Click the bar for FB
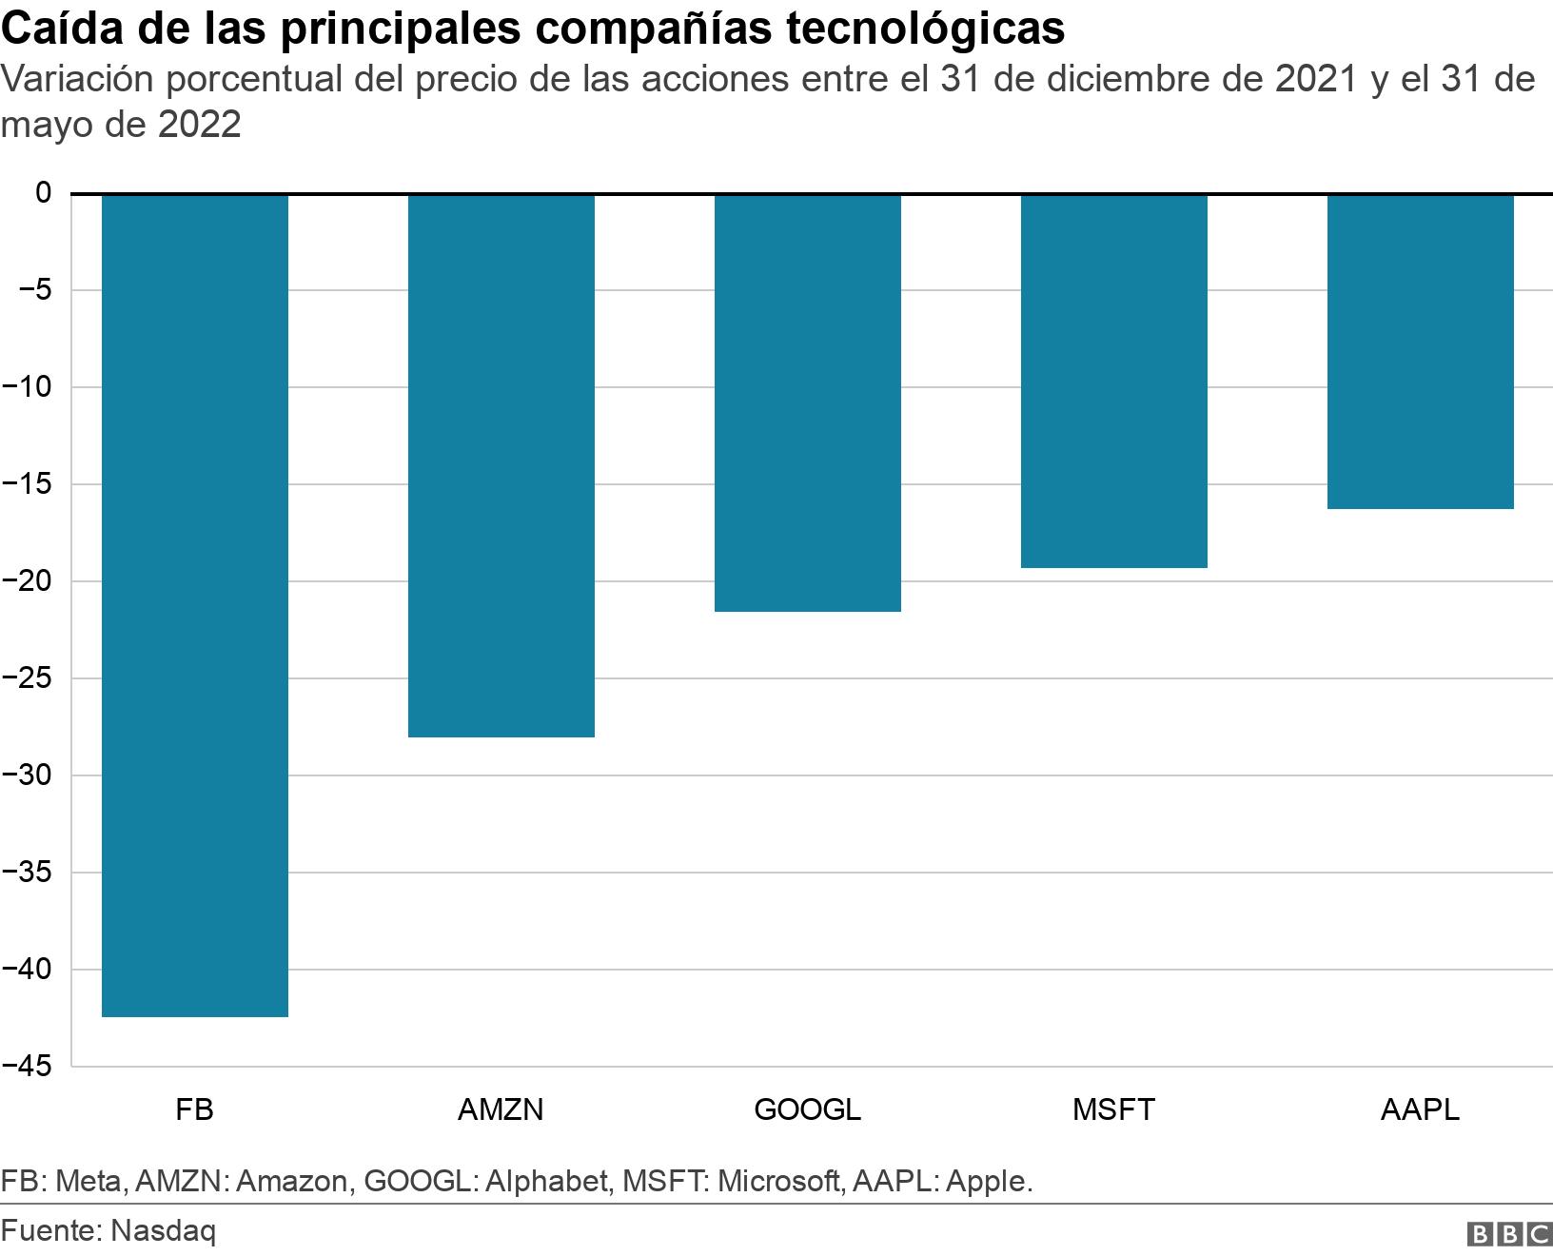(x=194, y=605)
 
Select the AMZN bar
(x=501, y=465)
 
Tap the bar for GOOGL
(x=807, y=402)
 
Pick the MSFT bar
(x=1113, y=381)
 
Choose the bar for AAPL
(x=1420, y=351)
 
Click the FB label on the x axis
(x=194, y=1109)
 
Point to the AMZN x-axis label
(x=501, y=1109)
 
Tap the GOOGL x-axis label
(x=807, y=1109)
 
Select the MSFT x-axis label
(x=1113, y=1109)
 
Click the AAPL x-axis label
(x=1420, y=1109)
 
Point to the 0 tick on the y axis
(x=43, y=193)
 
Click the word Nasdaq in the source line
(x=163, y=1230)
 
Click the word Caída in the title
(x=61, y=29)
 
